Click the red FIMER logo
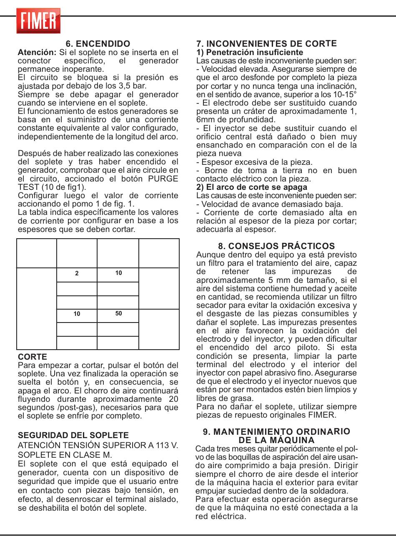(x=38, y=21)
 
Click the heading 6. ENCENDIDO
(x=98, y=44)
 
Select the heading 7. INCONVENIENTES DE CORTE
(x=266, y=44)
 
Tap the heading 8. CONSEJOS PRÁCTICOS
(x=276, y=246)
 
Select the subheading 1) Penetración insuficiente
(x=250, y=53)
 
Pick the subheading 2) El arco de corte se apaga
(x=252, y=187)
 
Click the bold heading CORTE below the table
(x=33, y=357)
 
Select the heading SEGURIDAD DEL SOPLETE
(x=73, y=435)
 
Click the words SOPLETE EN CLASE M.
(x=65, y=455)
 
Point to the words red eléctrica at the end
(x=221, y=517)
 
